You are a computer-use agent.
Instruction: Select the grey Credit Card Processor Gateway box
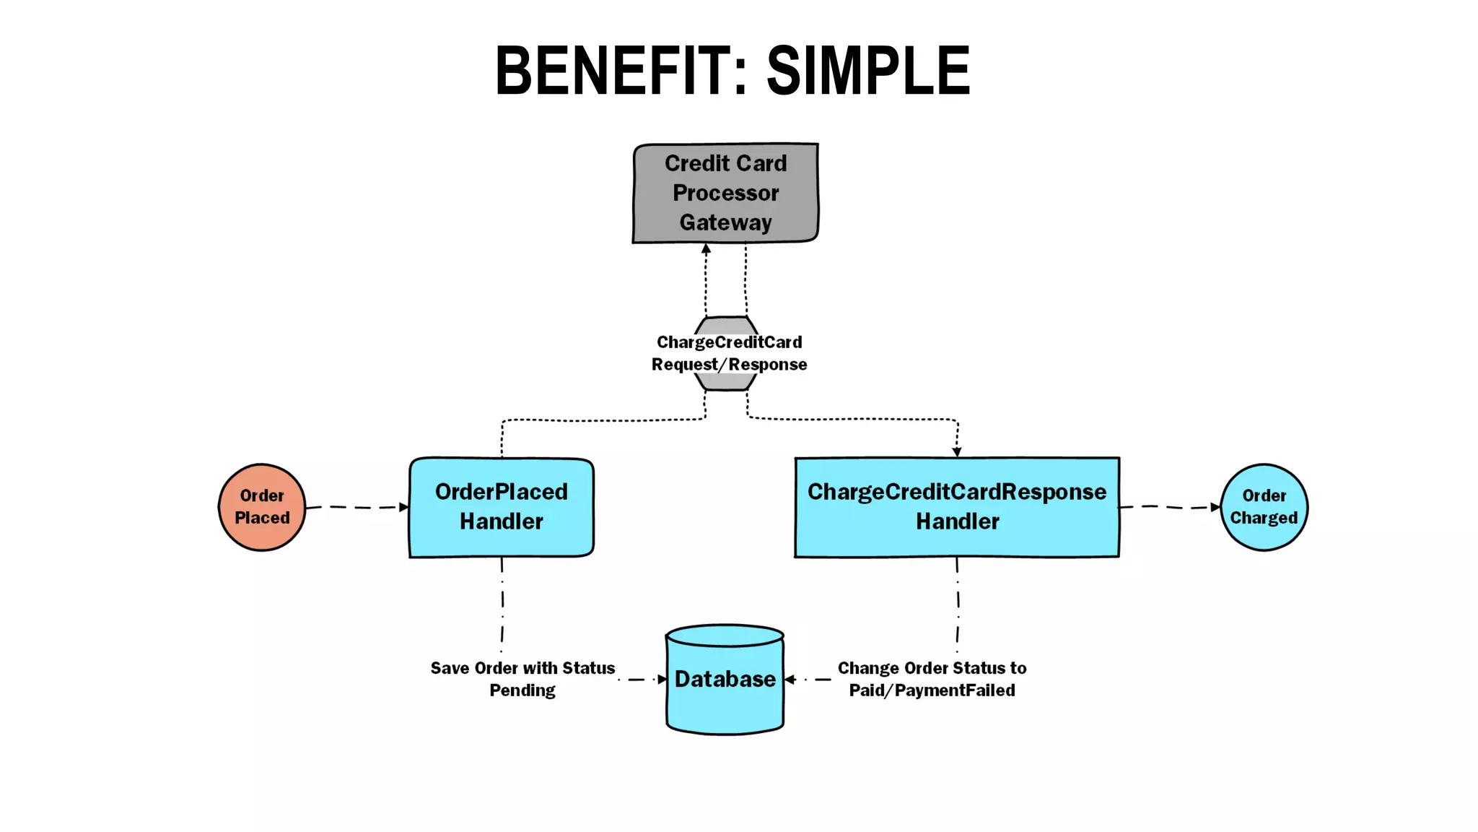coord(725,192)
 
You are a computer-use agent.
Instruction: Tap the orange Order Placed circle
coord(262,507)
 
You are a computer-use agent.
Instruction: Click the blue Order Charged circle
coord(1264,507)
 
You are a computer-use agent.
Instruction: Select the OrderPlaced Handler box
coord(502,507)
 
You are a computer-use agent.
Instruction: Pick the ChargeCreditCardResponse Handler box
coord(957,507)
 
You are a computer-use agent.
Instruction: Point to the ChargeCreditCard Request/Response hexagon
coord(727,353)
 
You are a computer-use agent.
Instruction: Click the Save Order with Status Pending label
coord(522,679)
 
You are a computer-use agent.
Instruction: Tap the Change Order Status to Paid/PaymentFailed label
coord(932,679)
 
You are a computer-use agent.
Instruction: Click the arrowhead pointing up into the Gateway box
coord(706,249)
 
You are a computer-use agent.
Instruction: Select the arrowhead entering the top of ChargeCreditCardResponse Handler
coord(957,451)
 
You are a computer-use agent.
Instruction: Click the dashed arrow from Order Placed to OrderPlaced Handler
coord(357,508)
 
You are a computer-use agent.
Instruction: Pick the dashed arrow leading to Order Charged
coord(1169,507)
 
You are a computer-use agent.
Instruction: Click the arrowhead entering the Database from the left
coord(662,680)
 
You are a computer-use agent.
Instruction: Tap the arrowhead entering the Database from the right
coord(790,680)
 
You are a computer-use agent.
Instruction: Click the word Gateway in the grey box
coord(725,222)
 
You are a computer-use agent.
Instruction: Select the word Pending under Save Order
coord(522,690)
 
